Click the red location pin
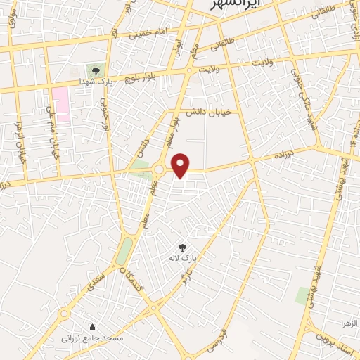click(x=181, y=165)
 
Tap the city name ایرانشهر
click(x=237, y=4)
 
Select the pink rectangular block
click(x=61, y=105)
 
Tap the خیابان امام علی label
click(x=52, y=132)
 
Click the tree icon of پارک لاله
click(x=183, y=247)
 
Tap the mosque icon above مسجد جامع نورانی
click(x=92, y=327)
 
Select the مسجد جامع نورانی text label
click(x=92, y=338)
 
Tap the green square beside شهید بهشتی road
click(x=303, y=295)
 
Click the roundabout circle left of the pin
click(x=160, y=169)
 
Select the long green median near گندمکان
click(x=124, y=250)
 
